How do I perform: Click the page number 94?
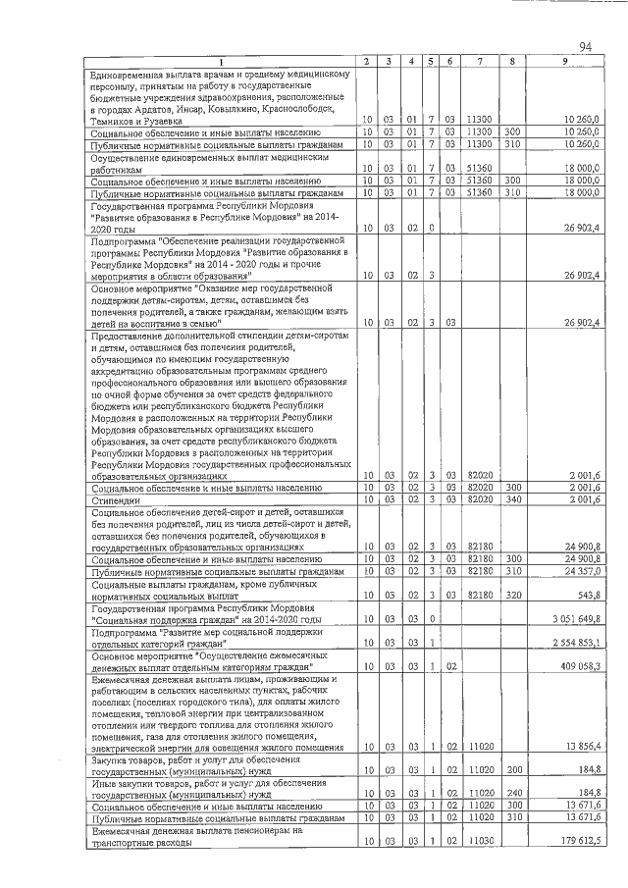click(586, 47)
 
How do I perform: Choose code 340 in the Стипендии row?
click(511, 500)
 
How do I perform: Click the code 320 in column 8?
click(511, 596)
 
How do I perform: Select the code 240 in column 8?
click(511, 794)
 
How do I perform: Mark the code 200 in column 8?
click(511, 771)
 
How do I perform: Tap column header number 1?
click(221, 62)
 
